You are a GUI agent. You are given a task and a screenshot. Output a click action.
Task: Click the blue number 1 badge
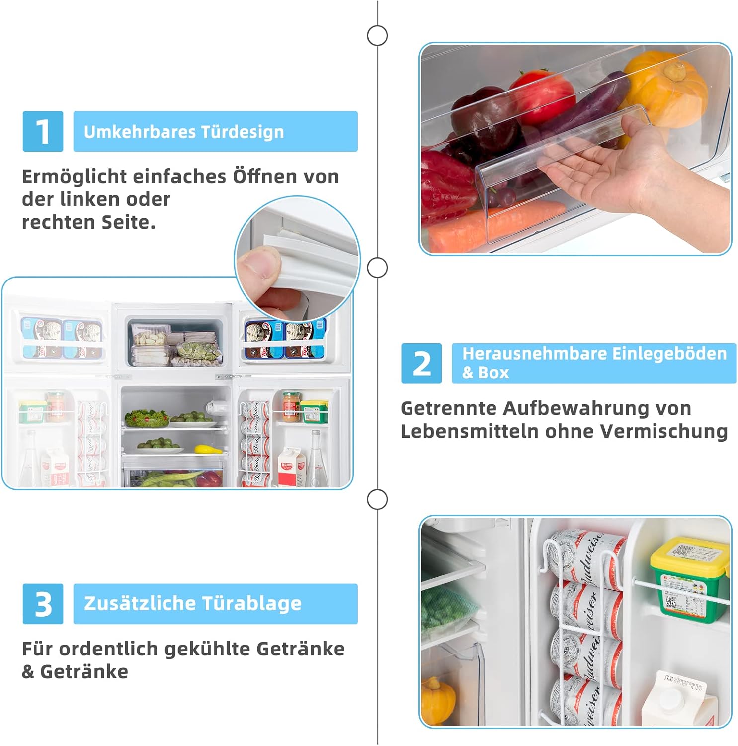click(43, 132)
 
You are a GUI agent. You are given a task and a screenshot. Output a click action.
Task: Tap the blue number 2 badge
click(421, 364)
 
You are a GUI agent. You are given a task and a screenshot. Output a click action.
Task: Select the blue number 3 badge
click(43, 604)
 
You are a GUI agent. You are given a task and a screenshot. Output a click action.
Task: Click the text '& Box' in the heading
click(486, 373)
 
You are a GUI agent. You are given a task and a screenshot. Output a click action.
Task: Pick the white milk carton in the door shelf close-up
click(678, 701)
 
